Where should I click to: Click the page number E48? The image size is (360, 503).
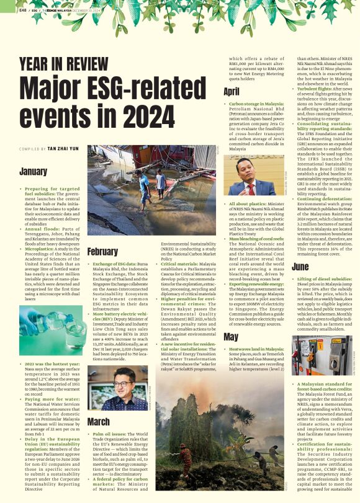[x=23, y=10]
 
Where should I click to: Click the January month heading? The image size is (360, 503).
[x=33, y=171]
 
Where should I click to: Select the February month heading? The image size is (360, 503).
[x=102, y=252]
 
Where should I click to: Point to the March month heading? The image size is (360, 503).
[x=98, y=421]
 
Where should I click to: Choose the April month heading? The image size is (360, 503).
[x=232, y=91]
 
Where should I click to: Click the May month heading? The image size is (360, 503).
[x=230, y=337]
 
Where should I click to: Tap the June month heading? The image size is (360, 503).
[x=300, y=267]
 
